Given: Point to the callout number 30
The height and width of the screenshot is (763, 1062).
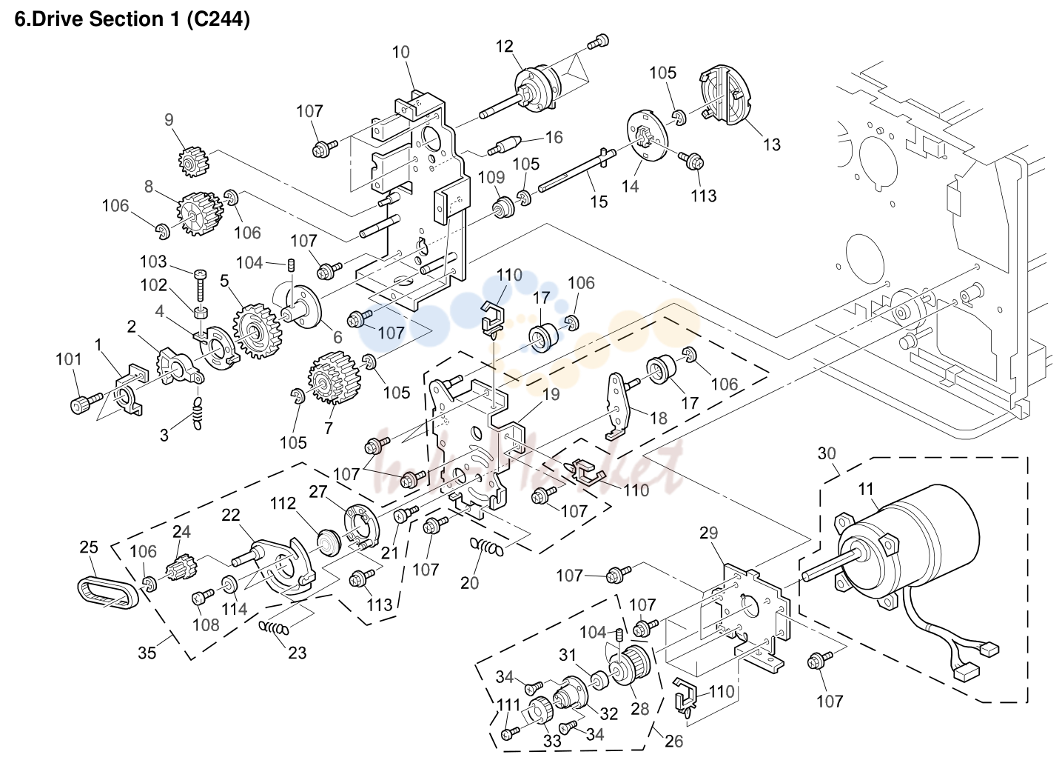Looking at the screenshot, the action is tap(827, 453).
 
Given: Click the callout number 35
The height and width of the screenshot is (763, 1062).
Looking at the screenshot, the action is tap(147, 653).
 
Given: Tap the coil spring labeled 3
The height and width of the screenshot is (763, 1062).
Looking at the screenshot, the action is tap(197, 413).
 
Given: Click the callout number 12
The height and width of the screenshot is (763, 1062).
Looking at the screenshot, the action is tap(505, 47).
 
